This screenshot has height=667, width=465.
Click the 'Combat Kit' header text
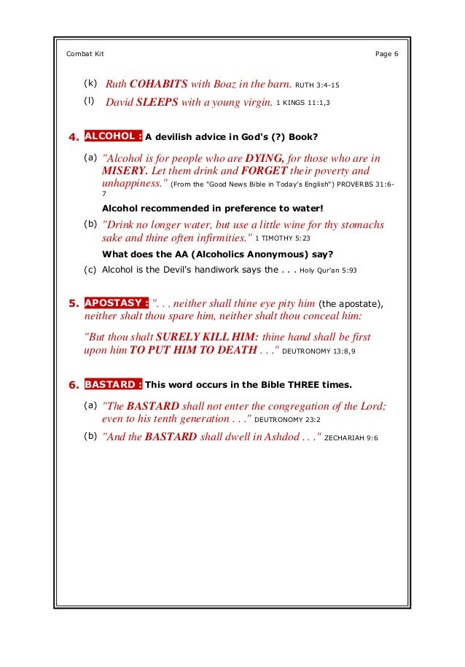pyautogui.click(x=85, y=54)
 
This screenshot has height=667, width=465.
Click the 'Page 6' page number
pyautogui.click(x=386, y=54)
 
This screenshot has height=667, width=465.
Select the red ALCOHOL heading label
pyautogui.click(x=113, y=136)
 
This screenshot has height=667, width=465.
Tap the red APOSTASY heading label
pyautogui.click(x=117, y=303)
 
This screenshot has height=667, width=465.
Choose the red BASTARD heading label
pyautogui.click(x=113, y=384)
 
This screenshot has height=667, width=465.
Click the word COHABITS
pyautogui.click(x=158, y=84)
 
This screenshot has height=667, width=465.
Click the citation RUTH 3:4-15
pyautogui.click(x=317, y=85)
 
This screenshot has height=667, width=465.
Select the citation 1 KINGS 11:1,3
pyautogui.click(x=302, y=104)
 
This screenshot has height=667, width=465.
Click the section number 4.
pyautogui.click(x=73, y=136)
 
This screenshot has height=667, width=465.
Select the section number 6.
pyautogui.click(x=73, y=385)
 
